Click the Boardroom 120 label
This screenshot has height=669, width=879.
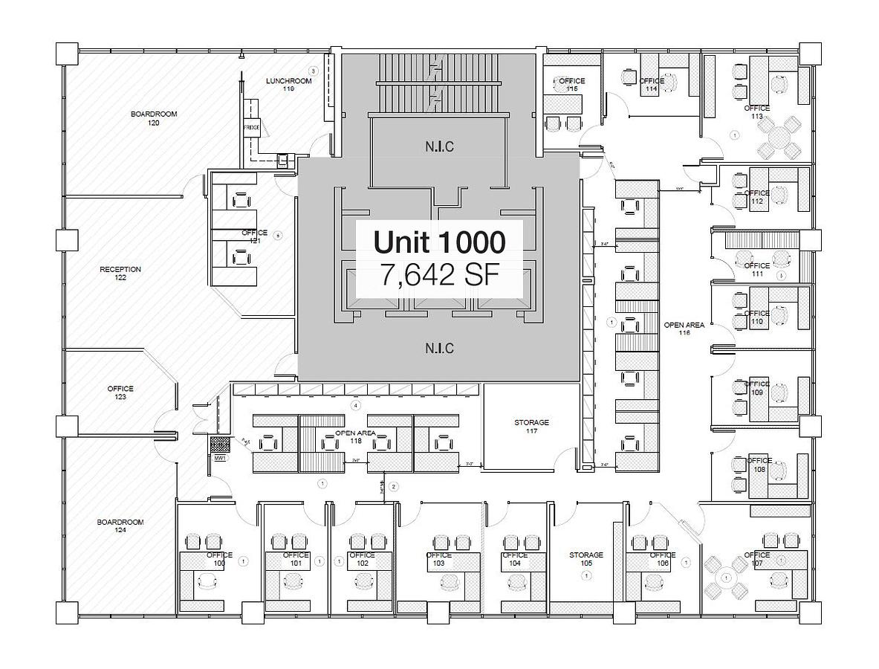pyautogui.click(x=154, y=118)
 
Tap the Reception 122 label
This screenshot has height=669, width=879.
pyautogui.click(x=120, y=274)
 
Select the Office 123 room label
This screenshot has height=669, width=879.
pyautogui.click(x=120, y=392)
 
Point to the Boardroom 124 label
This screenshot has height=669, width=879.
pyautogui.click(x=120, y=526)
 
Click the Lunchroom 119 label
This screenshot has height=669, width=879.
pyautogui.click(x=288, y=84)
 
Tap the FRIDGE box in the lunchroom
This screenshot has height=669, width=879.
pyautogui.click(x=251, y=128)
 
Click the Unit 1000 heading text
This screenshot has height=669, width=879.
pyautogui.click(x=439, y=242)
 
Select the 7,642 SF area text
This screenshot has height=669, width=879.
pyautogui.click(x=439, y=275)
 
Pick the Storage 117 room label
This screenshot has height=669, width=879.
pyautogui.click(x=531, y=427)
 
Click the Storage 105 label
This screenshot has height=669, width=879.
pyautogui.click(x=586, y=559)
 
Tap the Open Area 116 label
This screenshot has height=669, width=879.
pyautogui.click(x=684, y=329)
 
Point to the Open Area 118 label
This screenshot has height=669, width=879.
pyautogui.click(x=355, y=436)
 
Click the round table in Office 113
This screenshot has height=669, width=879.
pyautogui.click(x=777, y=138)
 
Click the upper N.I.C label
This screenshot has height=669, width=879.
pyautogui.click(x=439, y=146)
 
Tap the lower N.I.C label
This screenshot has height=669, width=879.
pyautogui.click(x=439, y=348)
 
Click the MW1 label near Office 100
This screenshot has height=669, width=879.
pyautogui.click(x=220, y=459)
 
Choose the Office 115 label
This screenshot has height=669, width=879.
pyautogui.click(x=571, y=84)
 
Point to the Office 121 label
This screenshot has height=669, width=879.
pyautogui.click(x=254, y=236)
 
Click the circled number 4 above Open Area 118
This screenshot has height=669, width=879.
pyautogui.click(x=356, y=405)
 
